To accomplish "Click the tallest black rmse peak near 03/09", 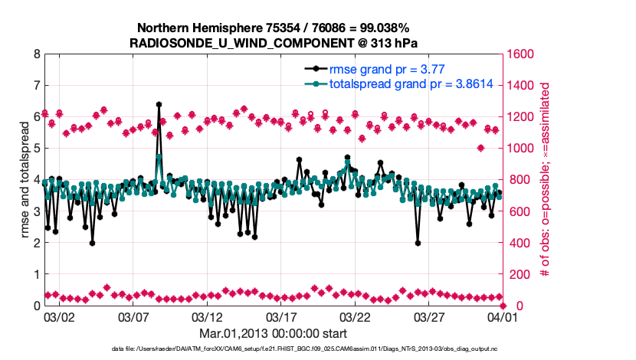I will coord(159,104).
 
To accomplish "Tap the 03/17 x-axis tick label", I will coord(280,316).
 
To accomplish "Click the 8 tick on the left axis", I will coord(37,54).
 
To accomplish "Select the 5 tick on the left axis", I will coord(37,149).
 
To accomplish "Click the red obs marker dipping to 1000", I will coord(480,148).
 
